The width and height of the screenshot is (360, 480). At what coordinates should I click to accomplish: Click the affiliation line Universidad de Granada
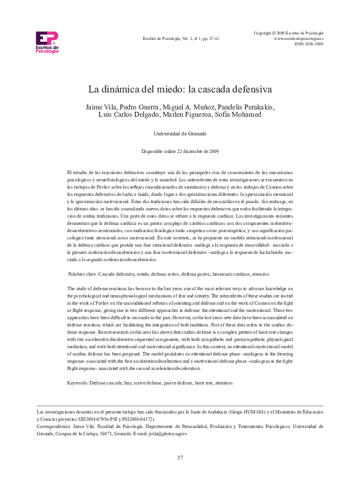tap(180, 133)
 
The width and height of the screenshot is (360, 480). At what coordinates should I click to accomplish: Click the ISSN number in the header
tap(309, 44)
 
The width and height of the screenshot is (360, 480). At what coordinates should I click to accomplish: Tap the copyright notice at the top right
tap(289, 31)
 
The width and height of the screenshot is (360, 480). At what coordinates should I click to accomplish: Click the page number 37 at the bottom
tap(180, 457)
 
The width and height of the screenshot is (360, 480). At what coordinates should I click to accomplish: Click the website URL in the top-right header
tap(299, 37)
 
